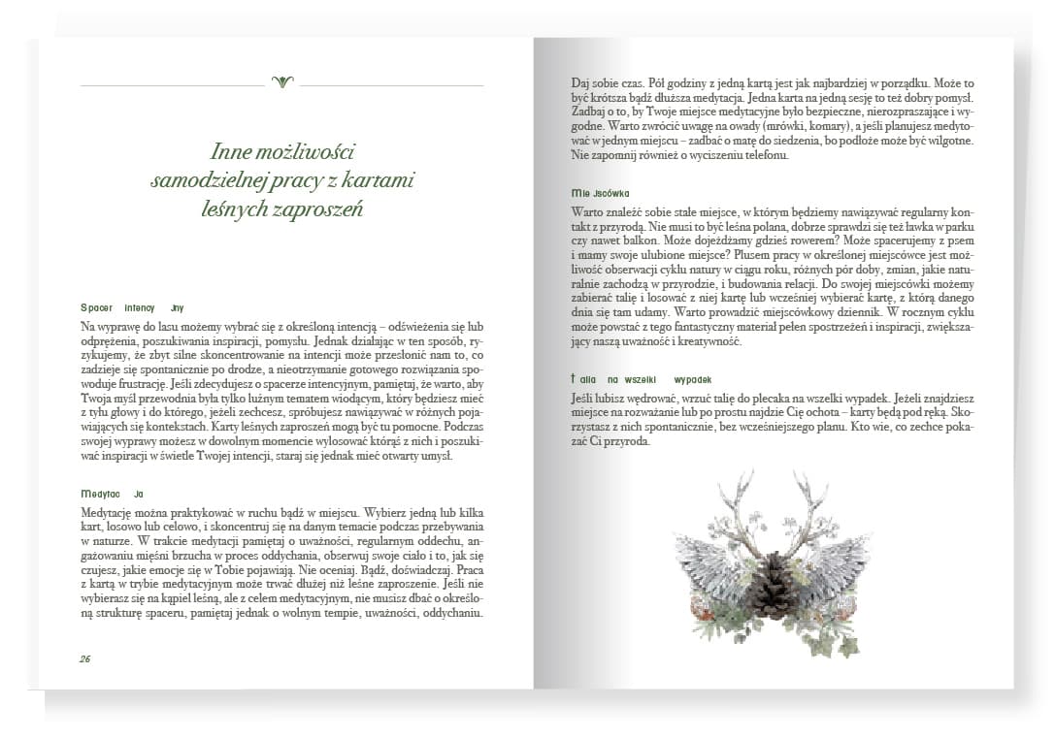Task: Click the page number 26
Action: click(85, 658)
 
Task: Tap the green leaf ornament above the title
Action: click(282, 82)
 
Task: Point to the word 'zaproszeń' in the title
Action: click(321, 209)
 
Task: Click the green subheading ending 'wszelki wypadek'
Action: click(642, 379)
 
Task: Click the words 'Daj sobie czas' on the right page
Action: click(602, 84)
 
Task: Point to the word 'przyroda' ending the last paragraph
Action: click(623, 442)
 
